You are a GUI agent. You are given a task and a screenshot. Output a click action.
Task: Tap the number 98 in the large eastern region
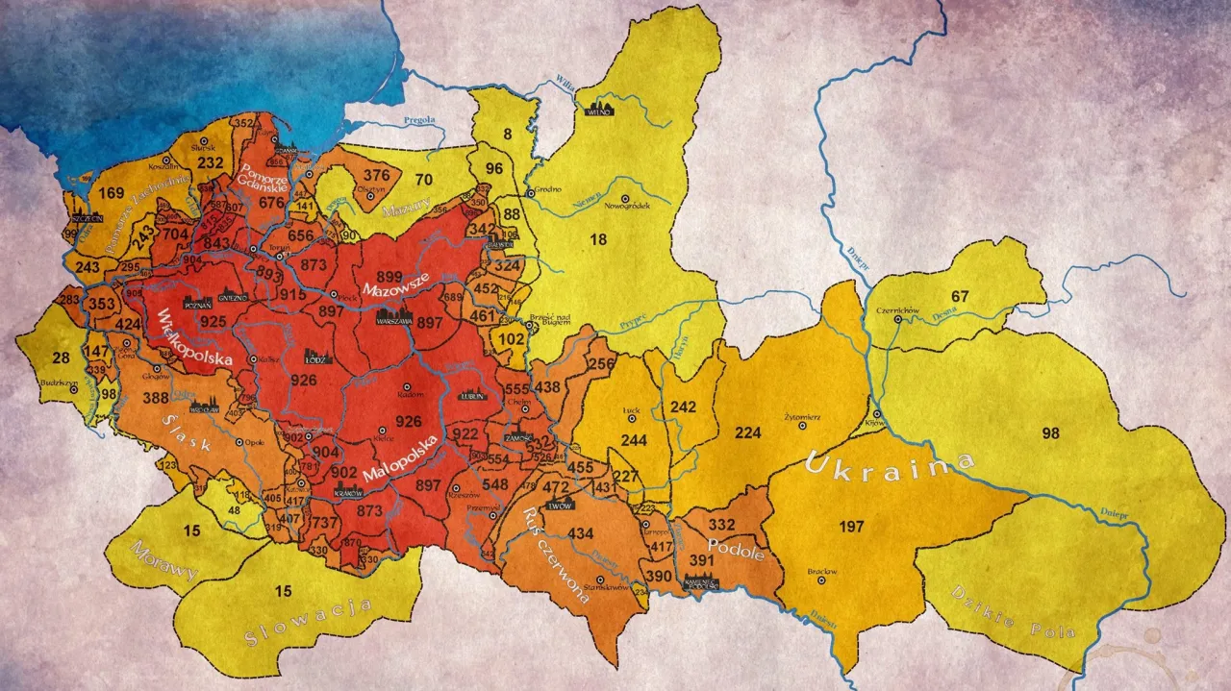click(1050, 433)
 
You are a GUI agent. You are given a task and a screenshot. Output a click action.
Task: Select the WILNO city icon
click(599, 108)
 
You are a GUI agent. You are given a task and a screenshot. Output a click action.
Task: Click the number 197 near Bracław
click(852, 526)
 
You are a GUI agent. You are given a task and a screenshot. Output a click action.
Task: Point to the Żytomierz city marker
click(800, 426)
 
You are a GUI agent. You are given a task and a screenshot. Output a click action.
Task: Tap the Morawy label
click(164, 564)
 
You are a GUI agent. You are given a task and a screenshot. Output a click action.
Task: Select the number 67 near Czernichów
click(960, 295)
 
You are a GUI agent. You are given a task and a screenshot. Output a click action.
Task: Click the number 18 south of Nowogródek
click(598, 239)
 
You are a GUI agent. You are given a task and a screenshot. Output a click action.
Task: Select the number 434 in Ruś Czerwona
click(582, 533)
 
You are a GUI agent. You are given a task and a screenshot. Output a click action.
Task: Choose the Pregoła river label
click(420, 120)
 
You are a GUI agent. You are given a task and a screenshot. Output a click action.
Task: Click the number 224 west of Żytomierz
click(747, 432)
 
